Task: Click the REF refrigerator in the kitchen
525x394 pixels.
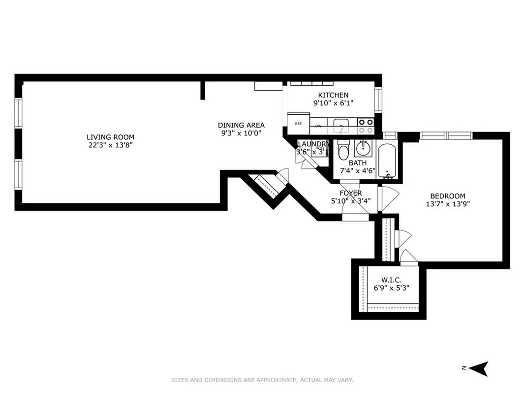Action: click(x=298, y=124)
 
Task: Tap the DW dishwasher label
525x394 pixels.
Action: click(x=318, y=126)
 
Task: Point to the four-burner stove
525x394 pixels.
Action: click(x=366, y=126)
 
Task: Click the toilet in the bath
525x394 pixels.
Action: click(x=343, y=150)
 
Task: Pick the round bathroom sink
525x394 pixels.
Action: click(x=365, y=147)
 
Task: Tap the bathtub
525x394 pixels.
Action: click(x=387, y=161)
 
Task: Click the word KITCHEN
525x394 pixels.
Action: click(x=333, y=95)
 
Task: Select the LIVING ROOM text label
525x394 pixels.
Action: click(x=110, y=137)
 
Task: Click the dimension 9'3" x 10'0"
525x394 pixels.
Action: click(x=241, y=133)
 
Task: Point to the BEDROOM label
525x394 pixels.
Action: click(x=447, y=196)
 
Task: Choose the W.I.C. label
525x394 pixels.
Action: click(x=392, y=280)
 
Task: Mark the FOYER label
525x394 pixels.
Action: click(x=350, y=193)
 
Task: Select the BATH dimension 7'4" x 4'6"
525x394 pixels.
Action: click(x=358, y=171)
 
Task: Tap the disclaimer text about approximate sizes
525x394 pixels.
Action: click(x=262, y=380)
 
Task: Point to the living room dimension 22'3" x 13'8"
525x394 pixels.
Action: click(x=110, y=145)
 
